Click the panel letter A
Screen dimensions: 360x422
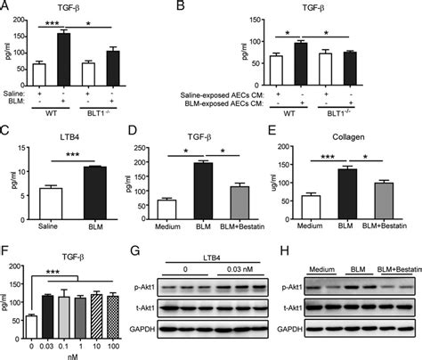[x=6, y=7]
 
